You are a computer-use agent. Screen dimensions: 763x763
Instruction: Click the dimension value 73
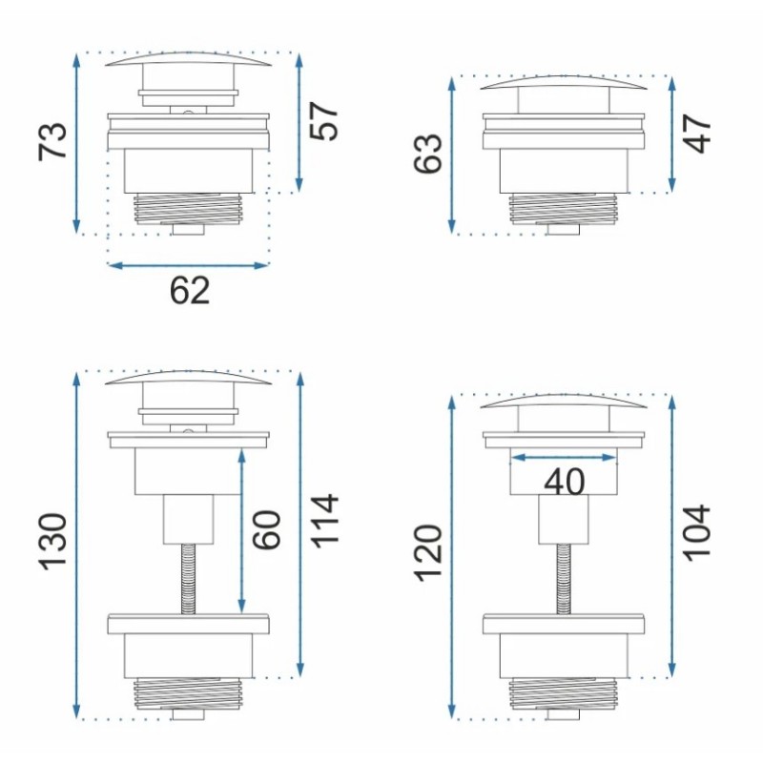tap(52, 140)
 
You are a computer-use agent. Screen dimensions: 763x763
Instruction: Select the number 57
tap(323, 121)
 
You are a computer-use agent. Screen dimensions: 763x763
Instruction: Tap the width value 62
tap(190, 291)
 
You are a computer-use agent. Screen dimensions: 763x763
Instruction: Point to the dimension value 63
tap(428, 153)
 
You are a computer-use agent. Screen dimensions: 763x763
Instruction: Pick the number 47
tap(697, 134)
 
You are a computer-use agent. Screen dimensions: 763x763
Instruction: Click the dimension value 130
tap(52, 541)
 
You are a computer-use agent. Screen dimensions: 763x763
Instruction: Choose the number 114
tap(324, 521)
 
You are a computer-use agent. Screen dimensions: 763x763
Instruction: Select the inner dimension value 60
tap(267, 530)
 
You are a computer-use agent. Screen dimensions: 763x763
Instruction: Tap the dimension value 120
tap(428, 553)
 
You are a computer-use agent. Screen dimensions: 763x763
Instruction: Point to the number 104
tap(697, 533)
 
